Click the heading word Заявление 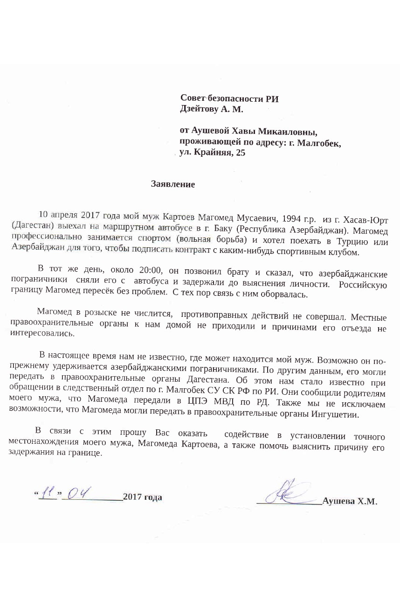172,184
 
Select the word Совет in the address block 193,98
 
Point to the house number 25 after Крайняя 241,153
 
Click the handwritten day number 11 48,492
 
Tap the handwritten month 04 79,492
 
